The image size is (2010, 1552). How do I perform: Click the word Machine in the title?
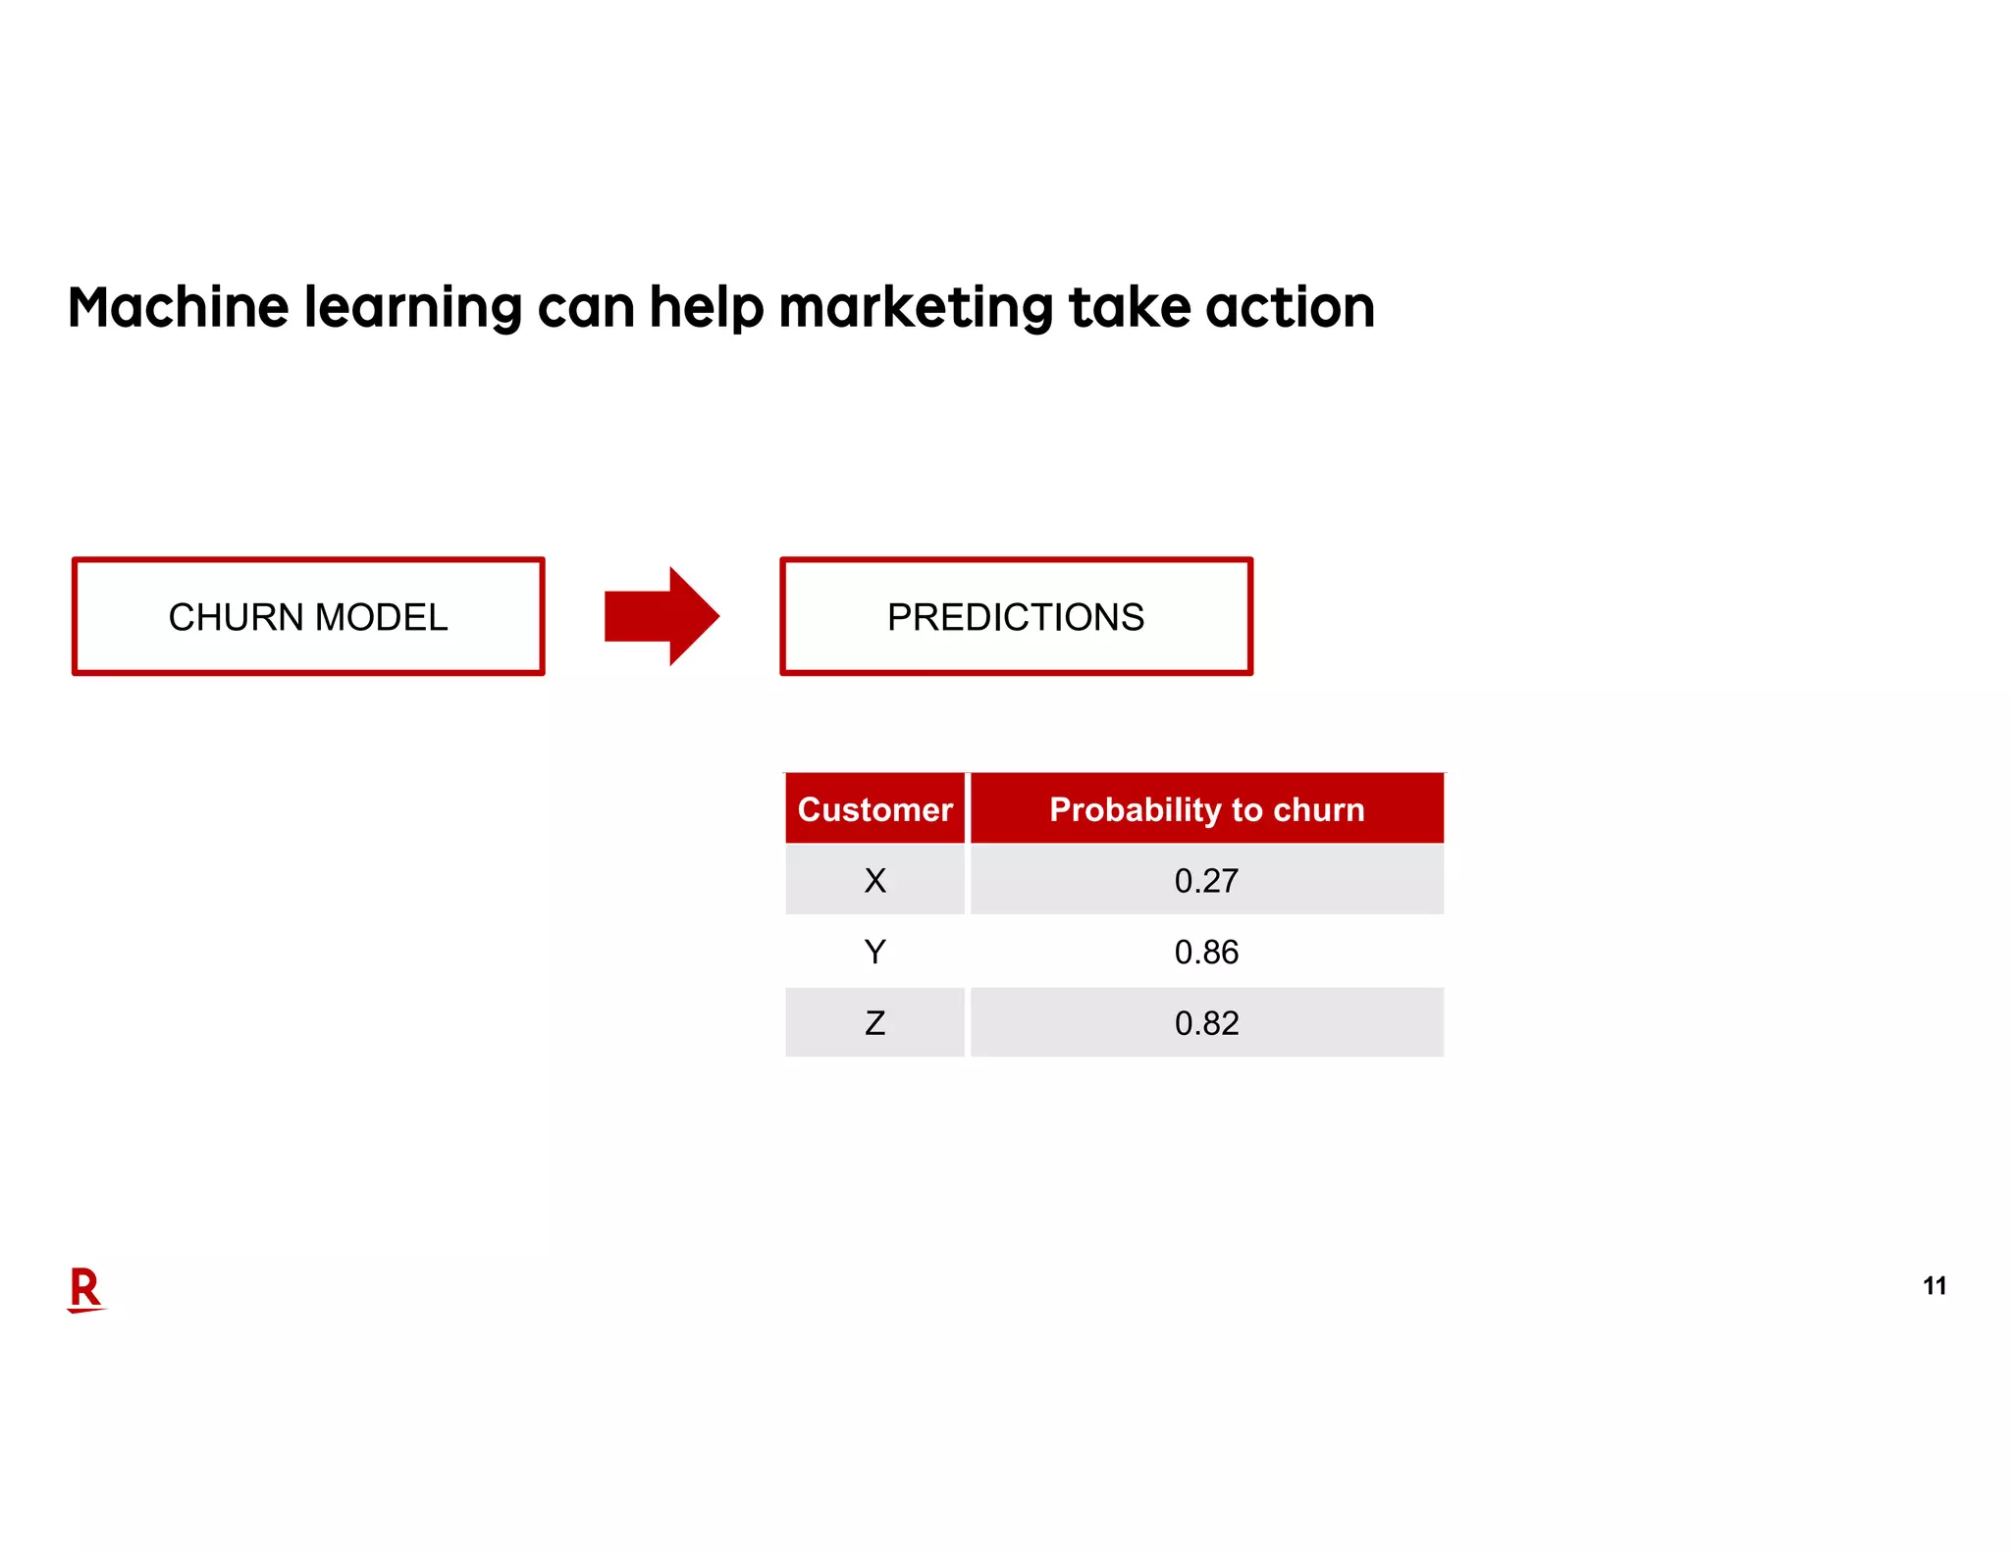[178, 307]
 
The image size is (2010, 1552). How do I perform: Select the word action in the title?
[1290, 307]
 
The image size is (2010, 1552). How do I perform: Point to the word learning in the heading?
[413, 307]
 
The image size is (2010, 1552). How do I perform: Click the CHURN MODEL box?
[308, 616]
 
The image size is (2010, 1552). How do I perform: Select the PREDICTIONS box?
[1016, 616]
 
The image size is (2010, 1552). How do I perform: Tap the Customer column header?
[874, 809]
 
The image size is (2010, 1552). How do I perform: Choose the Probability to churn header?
[1206, 809]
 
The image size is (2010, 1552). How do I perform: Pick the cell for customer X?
[874, 880]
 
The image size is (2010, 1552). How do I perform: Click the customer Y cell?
[874, 952]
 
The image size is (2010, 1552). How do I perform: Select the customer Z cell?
[874, 1023]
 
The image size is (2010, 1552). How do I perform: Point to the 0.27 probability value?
[1206, 880]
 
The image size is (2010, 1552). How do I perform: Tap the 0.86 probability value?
[1206, 952]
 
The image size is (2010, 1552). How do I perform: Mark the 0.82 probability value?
[1206, 1023]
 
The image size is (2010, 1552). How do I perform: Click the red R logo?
[85, 1288]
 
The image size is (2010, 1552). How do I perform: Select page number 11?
[1933, 1286]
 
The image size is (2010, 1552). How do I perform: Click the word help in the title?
[706, 307]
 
